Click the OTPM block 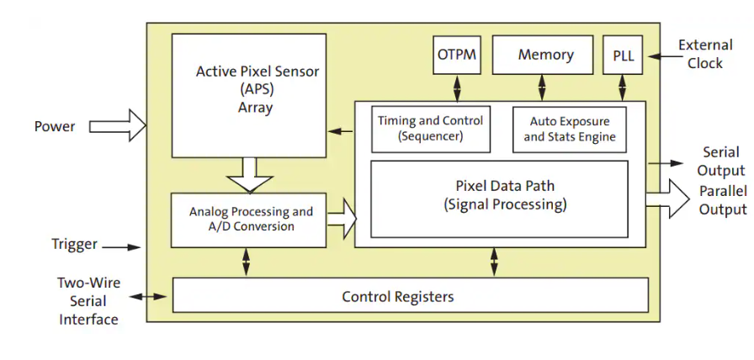(x=457, y=56)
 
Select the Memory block (x=545, y=56)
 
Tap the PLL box (x=624, y=56)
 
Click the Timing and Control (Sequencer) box (x=430, y=129)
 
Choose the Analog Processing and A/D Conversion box (x=248, y=220)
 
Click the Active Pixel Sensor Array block (x=248, y=94)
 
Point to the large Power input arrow (x=117, y=126)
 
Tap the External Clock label (x=704, y=55)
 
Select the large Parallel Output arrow (x=678, y=199)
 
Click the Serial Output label (x=720, y=161)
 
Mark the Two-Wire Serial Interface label (x=88, y=301)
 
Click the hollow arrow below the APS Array (x=250, y=174)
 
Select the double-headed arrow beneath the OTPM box (x=457, y=87)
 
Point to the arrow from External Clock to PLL (x=660, y=57)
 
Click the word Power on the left (x=55, y=127)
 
